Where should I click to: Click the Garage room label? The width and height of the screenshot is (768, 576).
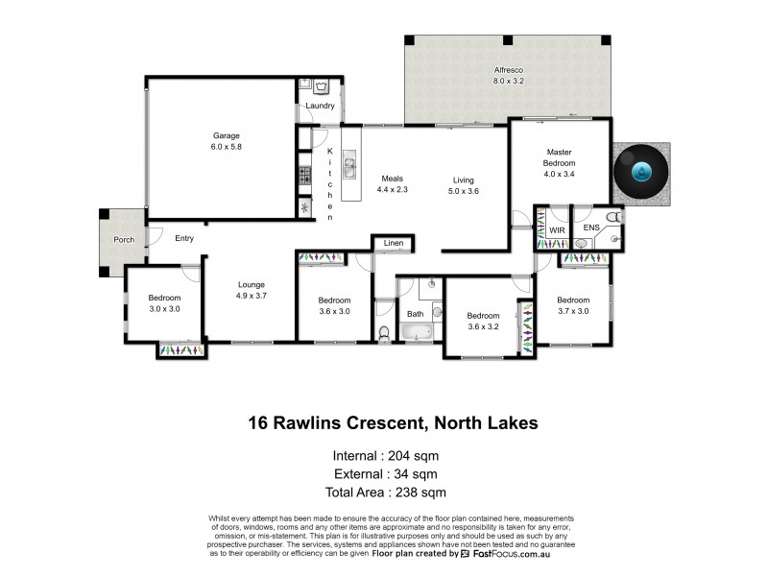point(226,135)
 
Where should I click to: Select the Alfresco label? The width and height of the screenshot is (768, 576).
point(508,71)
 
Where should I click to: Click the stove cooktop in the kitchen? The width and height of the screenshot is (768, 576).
point(305,177)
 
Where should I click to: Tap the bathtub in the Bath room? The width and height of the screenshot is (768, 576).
point(416,333)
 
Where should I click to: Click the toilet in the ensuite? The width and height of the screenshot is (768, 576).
point(617,219)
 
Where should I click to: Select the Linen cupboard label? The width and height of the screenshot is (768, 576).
point(393,243)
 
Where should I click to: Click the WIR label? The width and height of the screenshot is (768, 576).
point(557,230)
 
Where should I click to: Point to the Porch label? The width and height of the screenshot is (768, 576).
point(124,239)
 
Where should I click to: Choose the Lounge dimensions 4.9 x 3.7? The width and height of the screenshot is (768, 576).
point(252,297)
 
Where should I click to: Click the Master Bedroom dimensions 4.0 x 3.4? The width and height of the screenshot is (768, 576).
point(559,175)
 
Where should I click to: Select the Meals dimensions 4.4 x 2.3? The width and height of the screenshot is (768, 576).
point(391,190)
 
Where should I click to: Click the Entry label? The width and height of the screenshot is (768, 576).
point(184,238)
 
